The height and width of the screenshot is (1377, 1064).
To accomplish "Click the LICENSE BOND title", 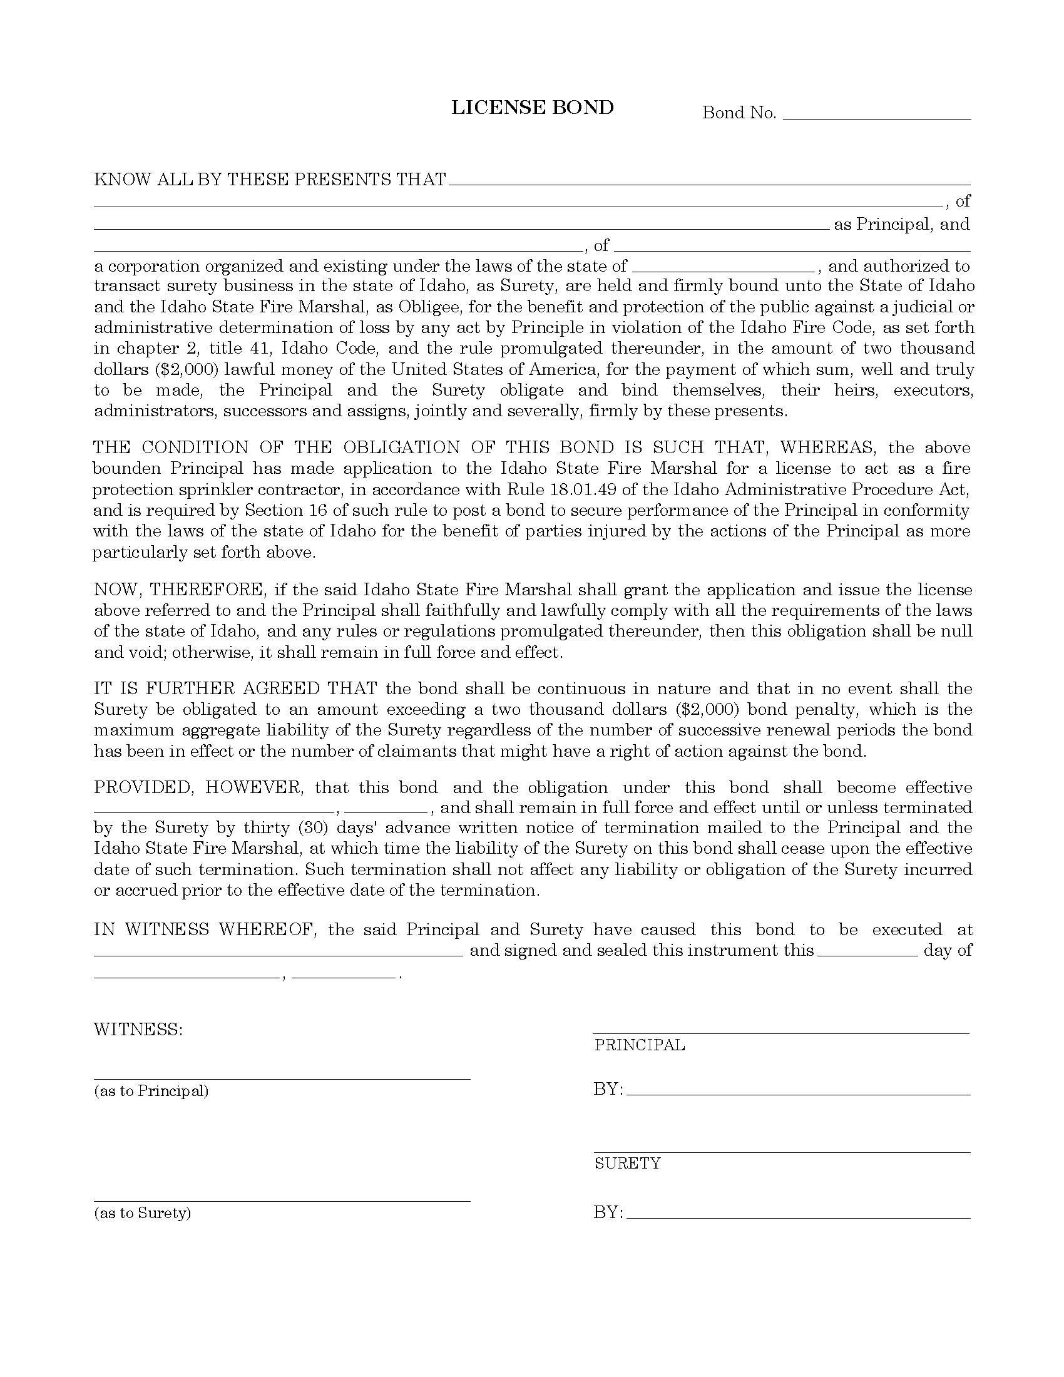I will point(532,108).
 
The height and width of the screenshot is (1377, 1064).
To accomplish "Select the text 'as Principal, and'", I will point(901,225).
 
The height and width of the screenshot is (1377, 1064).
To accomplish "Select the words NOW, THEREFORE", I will point(178,590).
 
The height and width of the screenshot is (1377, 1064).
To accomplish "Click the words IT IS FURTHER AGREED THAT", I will point(236,688).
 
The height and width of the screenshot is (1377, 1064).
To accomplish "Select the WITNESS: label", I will point(138,1030).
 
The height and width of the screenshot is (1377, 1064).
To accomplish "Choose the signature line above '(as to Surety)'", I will point(282,1200).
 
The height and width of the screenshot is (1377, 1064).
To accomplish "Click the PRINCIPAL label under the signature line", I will point(639,1045).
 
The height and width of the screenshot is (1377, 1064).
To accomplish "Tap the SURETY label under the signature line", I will point(627,1164).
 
